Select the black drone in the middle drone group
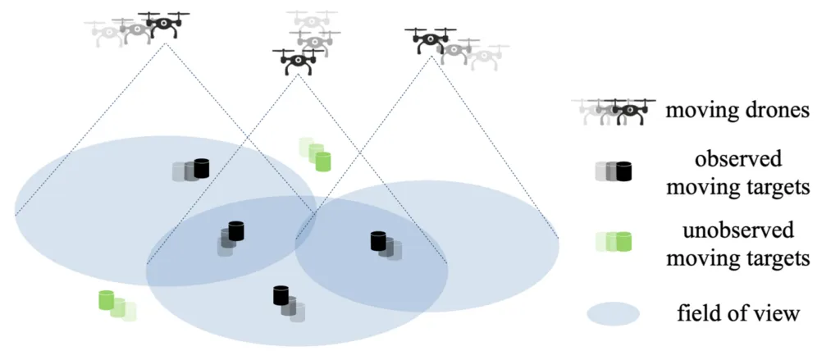point(298,62)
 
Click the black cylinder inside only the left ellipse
point(201,168)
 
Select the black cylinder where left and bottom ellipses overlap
point(236,230)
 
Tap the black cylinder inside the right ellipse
point(378,240)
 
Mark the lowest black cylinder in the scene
point(281,294)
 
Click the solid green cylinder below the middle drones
point(322,161)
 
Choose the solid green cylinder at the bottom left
point(105,299)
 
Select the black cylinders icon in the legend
point(623,171)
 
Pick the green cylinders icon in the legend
point(623,241)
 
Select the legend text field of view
point(737,313)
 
